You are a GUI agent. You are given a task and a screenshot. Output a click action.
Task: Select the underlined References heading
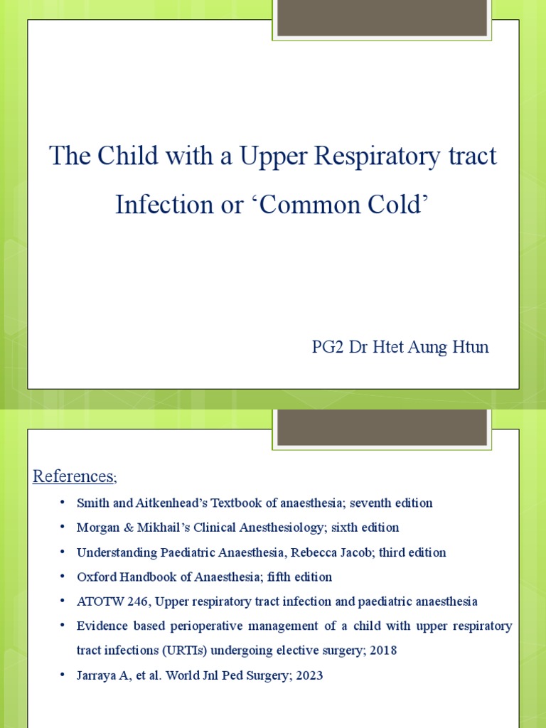(x=73, y=476)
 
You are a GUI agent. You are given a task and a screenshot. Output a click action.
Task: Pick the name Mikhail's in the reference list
(x=152, y=528)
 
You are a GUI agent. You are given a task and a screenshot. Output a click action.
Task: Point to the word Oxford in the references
(x=95, y=577)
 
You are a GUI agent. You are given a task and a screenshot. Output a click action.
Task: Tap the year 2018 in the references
(x=383, y=650)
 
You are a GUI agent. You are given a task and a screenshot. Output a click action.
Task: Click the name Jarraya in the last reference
(x=98, y=675)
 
